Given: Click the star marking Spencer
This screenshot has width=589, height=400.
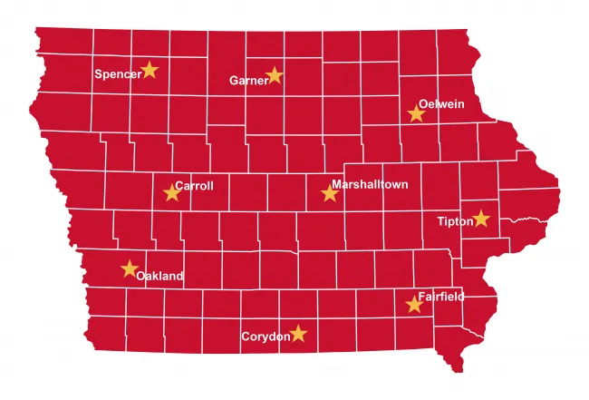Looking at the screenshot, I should click(x=150, y=70).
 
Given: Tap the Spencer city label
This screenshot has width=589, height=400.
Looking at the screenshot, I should click(x=118, y=74).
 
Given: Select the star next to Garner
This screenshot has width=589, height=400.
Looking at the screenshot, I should click(x=275, y=75).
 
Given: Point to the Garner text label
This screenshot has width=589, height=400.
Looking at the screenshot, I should click(x=248, y=80).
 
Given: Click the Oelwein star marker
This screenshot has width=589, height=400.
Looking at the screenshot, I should click(x=416, y=113).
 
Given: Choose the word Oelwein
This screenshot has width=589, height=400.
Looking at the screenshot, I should click(x=441, y=104).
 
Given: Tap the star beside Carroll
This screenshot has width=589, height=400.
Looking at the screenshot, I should click(x=172, y=192).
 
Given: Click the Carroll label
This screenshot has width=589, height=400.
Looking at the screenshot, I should click(x=195, y=186).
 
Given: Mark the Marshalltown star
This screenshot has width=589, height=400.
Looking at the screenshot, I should click(x=330, y=192).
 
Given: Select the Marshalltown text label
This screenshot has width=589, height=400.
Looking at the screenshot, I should click(x=370, y=185).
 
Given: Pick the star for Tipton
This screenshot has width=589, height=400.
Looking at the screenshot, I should click(x=481, y=219).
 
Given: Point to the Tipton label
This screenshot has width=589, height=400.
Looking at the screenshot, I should click(x=455, y=221).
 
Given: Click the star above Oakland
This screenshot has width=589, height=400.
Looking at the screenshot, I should click(x=130, y=268).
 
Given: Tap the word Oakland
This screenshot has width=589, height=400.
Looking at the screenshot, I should click(x=159, y=276).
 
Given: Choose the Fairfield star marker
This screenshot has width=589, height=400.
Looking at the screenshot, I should click(x=415, y=305).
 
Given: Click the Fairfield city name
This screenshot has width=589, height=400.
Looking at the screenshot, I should click(x=441, y=297).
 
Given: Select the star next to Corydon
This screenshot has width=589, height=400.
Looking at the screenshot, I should click(x=298, y=335).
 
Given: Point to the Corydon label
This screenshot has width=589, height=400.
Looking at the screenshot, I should click(x=266, y=337).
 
